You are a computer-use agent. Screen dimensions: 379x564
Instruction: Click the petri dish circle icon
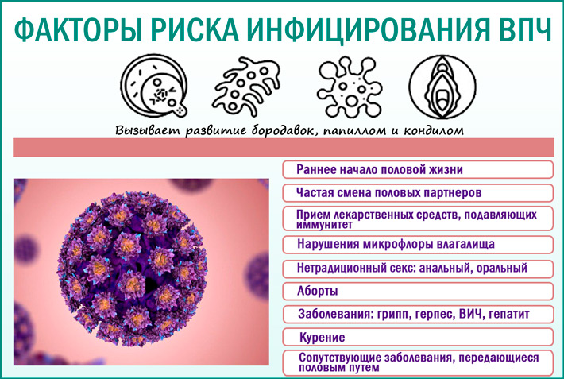coord(154,86)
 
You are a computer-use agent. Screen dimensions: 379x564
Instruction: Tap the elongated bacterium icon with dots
coord(249,85)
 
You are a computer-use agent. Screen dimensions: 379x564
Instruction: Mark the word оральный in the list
coord(500,268)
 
